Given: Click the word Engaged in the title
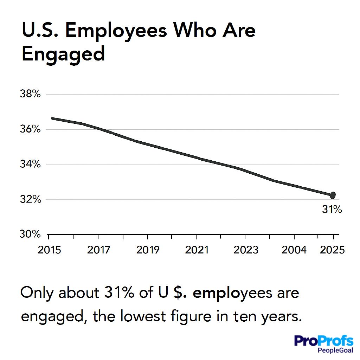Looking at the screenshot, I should (x=63, y=54).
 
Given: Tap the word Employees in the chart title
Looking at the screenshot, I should (x=116, y=31).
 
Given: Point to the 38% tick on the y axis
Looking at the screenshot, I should (x=31, y=94).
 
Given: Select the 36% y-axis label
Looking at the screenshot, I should (x=31, y=129).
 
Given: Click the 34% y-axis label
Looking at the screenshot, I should (x=31, y=164).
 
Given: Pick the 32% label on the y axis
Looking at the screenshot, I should (x=31, y=199).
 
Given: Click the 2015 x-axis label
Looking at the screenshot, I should (x=49, y=250).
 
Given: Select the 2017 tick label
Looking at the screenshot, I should (x=98, y=250).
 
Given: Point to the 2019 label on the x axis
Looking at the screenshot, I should (x=148, y=250).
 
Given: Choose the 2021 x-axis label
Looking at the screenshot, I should (x=197, y=250).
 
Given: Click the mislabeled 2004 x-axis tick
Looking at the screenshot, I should (x=295, y=250).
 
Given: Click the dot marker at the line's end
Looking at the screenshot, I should (x=333, y=195).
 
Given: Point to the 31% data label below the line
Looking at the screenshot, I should (x=332, y=210).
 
